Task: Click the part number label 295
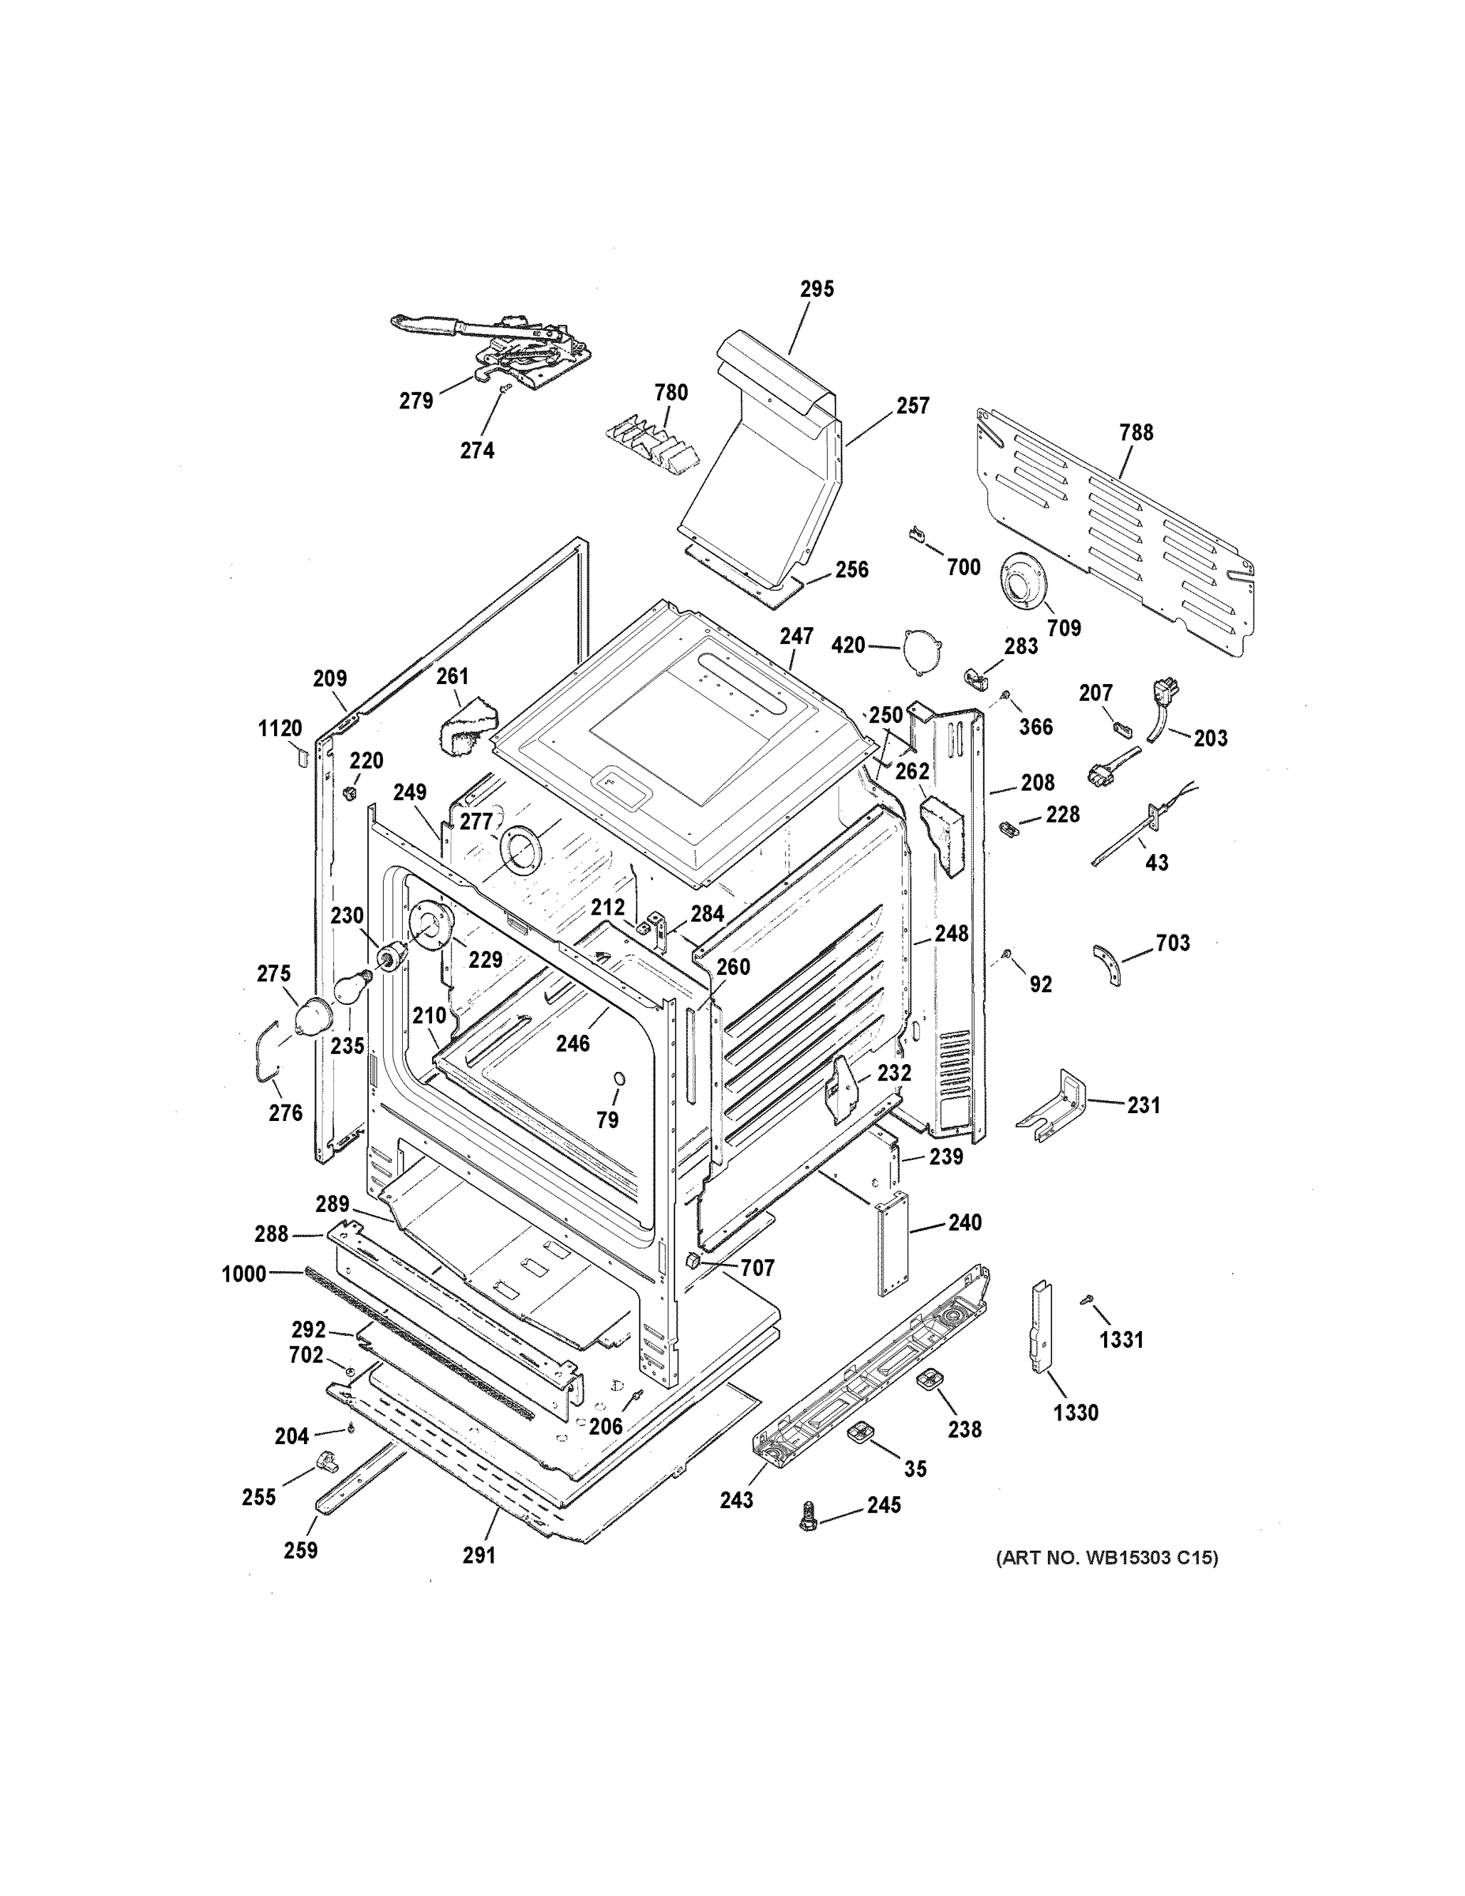[817, 289]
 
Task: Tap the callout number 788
[1136, 432]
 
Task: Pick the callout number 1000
[244, 1274]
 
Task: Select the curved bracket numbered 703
[1106, 966]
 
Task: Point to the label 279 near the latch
[415, 401]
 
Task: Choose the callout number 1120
[280, 728]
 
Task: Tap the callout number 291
[479, 1555]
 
